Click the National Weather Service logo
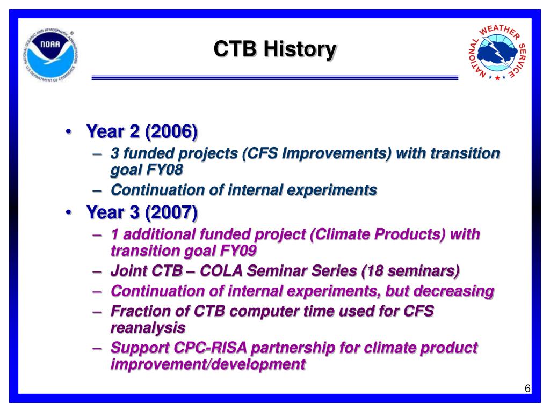pyautogui.click(x=497, y=52)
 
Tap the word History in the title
pyautogui.click(x=300, y=49)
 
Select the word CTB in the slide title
pyautogui.click(x=235, y=48)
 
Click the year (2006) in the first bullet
pyautogui.click(x=171, y=132)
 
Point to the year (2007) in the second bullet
pyautogui.click(x=171, y=212)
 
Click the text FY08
pyautogui.click(x=164, y=170)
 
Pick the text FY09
pyautogui.click(x=238, y=251)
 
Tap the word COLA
pyautogui.click(x=221, y=271)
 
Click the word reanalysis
pyautogui.click(x=148, y=328)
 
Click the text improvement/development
pyautogui.click(x=208, y=364)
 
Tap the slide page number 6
pyautogui.click(x=527, y=388)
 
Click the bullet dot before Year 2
pyautogui.click(x=69, y=132)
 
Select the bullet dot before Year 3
pyautogui.click(x=69, y=212)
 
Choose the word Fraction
pyautogui.click(x=149, y=311)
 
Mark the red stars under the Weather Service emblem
pyautogui.click(x=497, y=77)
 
